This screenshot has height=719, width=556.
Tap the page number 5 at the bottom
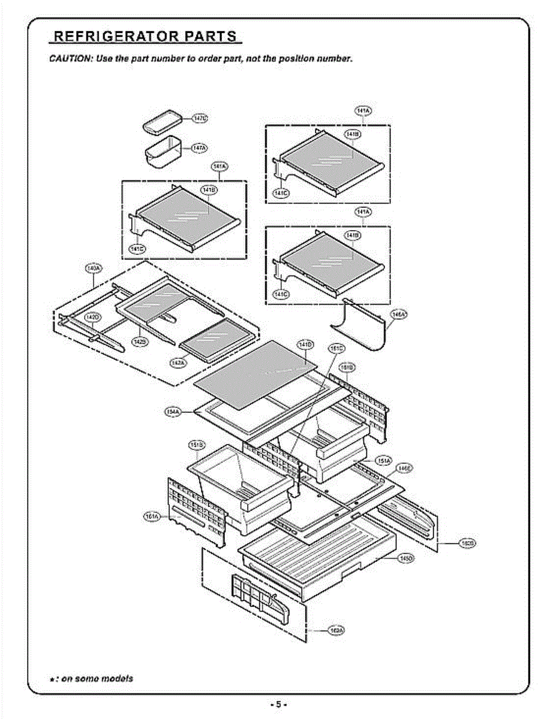coord(278,705)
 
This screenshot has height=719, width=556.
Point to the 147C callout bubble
coord(200,119)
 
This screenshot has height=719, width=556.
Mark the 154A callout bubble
coord(173,411)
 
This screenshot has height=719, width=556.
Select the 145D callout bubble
coord(406,558)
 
